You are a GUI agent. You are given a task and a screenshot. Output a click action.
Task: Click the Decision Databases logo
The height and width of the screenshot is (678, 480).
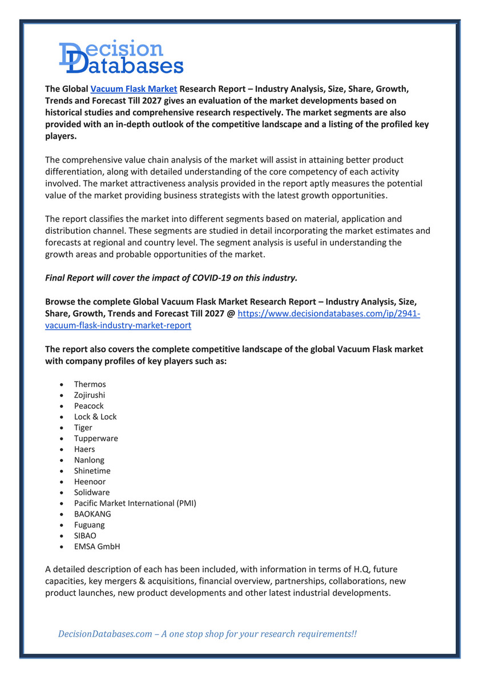[121, 57]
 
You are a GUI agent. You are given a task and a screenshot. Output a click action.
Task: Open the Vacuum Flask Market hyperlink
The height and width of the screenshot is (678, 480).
[134, 89]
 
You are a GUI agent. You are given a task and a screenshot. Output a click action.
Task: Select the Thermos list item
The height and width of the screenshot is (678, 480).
[90, 384]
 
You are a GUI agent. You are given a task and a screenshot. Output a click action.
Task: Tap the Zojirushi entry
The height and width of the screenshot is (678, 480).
[90, 395]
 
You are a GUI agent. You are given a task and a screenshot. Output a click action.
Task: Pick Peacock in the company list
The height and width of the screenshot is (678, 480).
[88, 406]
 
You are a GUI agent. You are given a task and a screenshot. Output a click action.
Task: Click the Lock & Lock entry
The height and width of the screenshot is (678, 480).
[95, 417]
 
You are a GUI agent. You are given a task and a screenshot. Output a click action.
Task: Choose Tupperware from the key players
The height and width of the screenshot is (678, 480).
[96, 439]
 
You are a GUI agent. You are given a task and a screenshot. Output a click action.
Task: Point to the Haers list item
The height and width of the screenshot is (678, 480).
[84, 449]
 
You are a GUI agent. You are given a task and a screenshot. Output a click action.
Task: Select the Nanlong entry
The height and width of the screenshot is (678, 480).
[89, 460]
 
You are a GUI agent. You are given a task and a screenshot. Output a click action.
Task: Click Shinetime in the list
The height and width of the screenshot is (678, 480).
[92, 471]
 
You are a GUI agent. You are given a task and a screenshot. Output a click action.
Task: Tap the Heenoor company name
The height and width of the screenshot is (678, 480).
[90, 482]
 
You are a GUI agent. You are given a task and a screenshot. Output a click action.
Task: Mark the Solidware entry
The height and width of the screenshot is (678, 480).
[91, 493]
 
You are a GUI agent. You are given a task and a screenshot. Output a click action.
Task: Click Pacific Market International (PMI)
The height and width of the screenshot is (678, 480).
[135, 504]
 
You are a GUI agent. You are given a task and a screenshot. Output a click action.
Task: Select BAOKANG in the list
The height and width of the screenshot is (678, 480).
[92, 514]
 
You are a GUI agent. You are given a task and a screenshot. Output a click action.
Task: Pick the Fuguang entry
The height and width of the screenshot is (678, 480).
[89, 525]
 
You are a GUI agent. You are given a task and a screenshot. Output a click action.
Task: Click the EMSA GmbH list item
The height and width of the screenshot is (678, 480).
[96, 547]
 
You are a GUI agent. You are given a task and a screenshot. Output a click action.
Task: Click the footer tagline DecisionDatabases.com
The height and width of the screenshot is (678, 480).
[105, 634]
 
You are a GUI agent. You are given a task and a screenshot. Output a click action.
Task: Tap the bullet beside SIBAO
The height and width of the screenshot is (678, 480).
[61, 536]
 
